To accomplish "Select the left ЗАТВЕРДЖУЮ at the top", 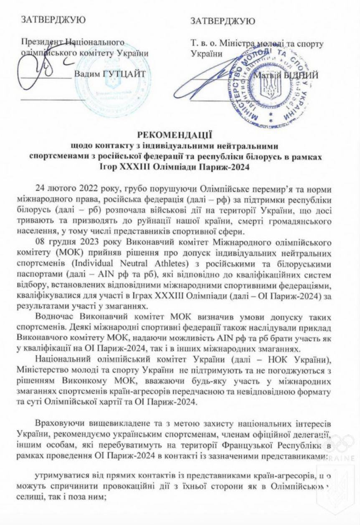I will [x=53, y=20].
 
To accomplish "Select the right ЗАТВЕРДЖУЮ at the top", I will [x=223, y=21].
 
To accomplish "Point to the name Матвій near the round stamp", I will [x=266, y=75].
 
